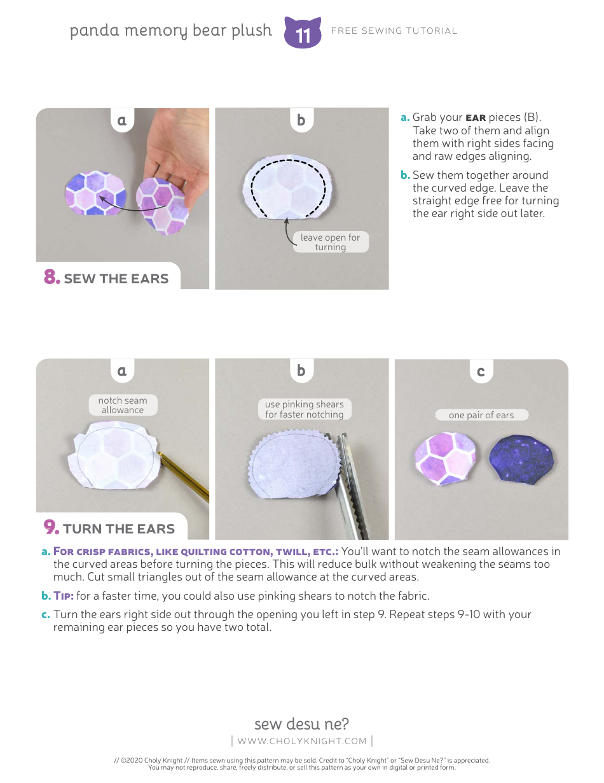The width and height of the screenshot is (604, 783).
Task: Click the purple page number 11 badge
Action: (303, 33)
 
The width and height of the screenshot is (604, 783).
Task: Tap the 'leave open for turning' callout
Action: (330, 242)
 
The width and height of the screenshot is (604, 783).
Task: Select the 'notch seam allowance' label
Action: (123, 406)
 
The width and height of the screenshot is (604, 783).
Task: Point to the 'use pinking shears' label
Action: (304, 409)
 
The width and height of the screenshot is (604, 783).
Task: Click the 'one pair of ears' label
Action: (481, 415)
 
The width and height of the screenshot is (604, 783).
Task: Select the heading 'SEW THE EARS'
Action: (116, 278)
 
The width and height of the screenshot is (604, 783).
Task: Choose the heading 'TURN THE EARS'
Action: (118, 528)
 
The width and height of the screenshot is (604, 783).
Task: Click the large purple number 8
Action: (51, 278)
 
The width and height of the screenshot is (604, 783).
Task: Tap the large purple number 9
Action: (51, 528)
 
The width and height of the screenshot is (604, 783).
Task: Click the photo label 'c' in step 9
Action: (481, 371)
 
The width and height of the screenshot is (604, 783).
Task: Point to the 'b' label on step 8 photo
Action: (301, 120)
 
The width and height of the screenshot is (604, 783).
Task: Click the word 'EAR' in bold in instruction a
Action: (476, 118)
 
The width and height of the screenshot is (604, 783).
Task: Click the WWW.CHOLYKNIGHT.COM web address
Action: (302, 741)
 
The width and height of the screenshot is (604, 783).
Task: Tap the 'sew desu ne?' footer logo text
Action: (301, 724)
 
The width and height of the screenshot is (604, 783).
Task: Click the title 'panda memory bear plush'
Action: (171, 31)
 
